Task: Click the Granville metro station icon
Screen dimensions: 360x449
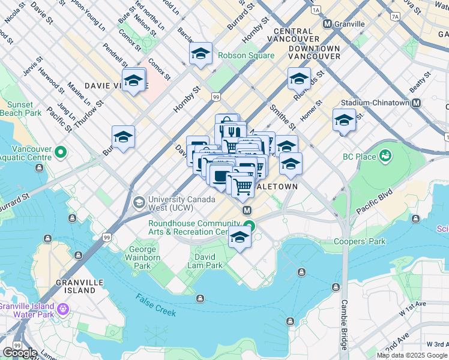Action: pos(328,24)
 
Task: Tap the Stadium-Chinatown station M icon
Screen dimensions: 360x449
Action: pos(416,103)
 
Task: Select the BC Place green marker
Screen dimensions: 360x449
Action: pos(385,157)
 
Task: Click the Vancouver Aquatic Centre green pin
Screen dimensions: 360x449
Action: pos(60,152)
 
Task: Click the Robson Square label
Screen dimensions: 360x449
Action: pos(246,56)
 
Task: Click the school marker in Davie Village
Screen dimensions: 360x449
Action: pos(134,80)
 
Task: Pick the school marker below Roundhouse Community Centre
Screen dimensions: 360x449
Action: pos(240,238)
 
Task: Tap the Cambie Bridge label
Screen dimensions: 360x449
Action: pos(345,325)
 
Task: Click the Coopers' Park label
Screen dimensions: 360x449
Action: pos(360,242)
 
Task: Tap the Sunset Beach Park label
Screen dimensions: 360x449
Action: pos(20,109)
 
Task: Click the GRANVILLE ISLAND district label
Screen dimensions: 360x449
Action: pos(76,286)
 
